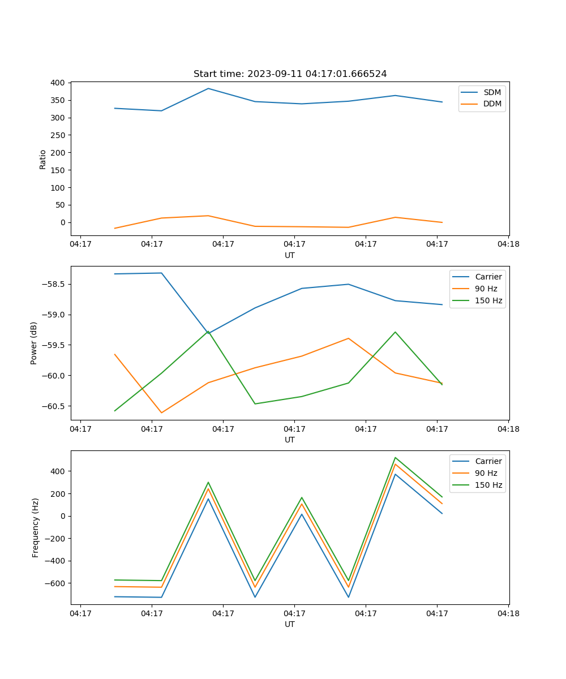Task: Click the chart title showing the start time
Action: pos(290,74)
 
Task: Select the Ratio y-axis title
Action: pos(43,159)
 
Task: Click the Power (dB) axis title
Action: pos(34,343)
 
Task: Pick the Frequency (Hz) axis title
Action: pos(36,527)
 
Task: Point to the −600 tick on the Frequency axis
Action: pos(53,583)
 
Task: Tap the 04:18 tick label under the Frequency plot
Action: pos(508,613)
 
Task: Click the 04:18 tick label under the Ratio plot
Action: pos(508,244)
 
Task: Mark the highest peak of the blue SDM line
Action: pos(208,88)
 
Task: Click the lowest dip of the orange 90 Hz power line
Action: pos(161,412)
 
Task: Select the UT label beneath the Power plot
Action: pos(290,440)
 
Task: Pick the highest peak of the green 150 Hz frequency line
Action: pos(395,458)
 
